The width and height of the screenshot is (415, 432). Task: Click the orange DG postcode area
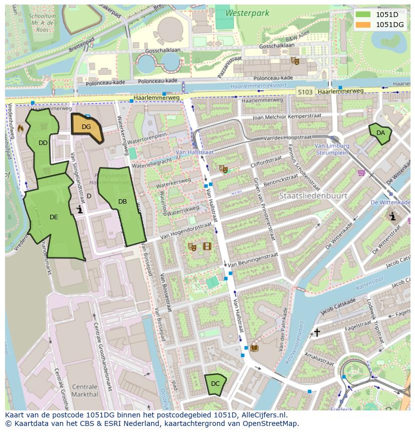pos(87,127)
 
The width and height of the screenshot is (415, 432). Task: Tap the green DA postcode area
pos(380,133)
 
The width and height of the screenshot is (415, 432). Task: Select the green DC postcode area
pos(215,384)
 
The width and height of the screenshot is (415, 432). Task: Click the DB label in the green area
pos(122,202)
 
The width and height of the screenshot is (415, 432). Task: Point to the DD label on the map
pos(43,143)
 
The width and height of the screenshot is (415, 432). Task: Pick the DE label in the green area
pos(54,217)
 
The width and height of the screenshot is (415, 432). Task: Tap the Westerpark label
pos(247,14)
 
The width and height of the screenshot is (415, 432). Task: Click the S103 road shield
pos(305,92)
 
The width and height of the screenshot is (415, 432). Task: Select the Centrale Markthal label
pos(85,390)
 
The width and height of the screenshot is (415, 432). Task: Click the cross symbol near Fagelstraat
pos(317,333)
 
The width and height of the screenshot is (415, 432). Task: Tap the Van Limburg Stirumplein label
pos(331,149)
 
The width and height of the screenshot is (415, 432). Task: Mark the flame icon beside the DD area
pos(20,128)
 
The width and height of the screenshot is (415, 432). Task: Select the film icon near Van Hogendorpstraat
pos(207,246)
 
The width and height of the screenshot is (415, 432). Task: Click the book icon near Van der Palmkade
pos(255,347)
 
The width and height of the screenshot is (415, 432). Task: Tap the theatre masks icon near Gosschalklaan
pos(295,61)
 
